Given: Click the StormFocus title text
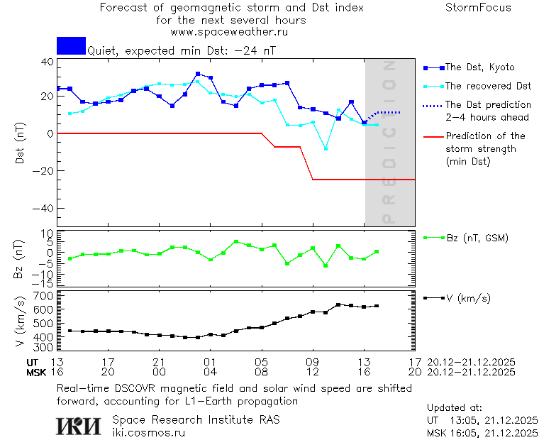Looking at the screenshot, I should point(478,8).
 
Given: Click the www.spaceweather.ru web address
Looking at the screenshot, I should point(229,32).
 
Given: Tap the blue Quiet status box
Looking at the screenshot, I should point(71,45).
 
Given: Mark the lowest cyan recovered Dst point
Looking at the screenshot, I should point(326,148).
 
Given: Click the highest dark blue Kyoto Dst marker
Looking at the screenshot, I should point(198,74).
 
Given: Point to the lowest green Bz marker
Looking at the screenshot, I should point(326,265).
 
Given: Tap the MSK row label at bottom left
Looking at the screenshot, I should point(36,372).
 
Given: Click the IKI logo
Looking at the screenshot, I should point(79,425).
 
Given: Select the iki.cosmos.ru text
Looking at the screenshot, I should point(148,431).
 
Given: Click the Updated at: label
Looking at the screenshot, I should point(455,408).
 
